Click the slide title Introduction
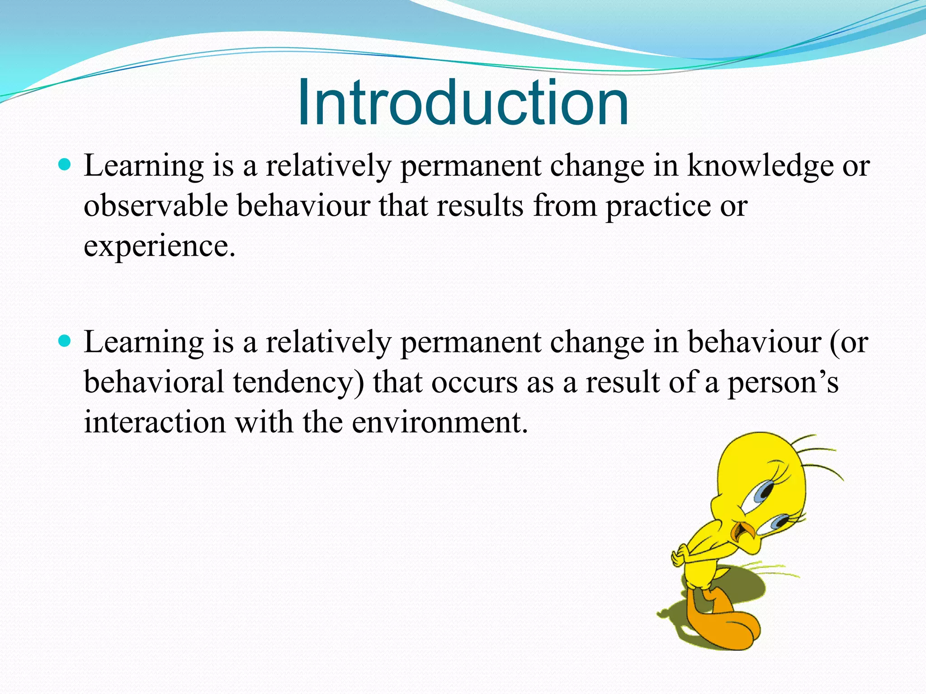tap(463, 103)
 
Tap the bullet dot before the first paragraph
tap(65, 164)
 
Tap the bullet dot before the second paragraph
tap(65, 341)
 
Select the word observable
tap(156, 206)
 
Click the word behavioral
tap(154, 382)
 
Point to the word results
tap(480, 206)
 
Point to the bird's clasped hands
tap(681, 555)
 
